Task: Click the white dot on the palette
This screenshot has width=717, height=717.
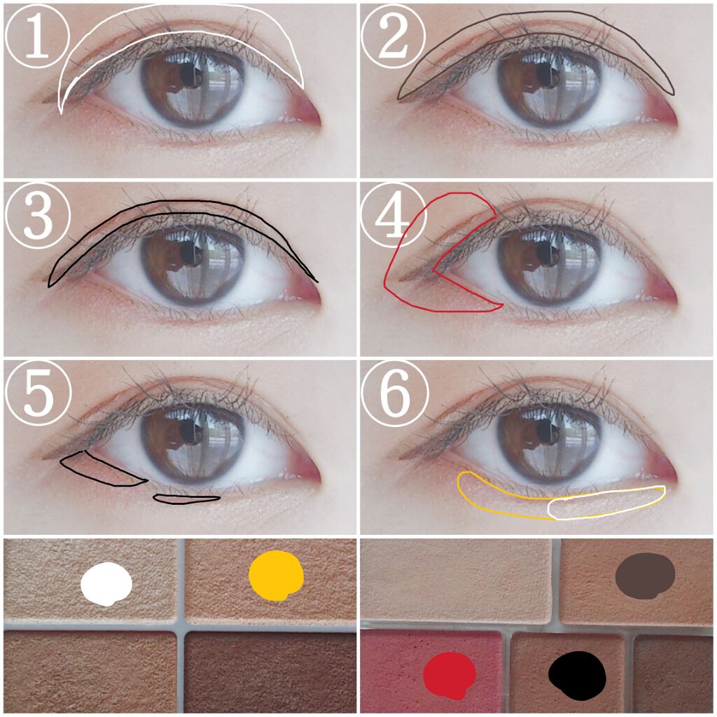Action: (x=106, y=584)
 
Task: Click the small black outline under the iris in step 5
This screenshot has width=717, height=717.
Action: (x=186, y=499)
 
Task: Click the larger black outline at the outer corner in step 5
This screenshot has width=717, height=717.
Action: (x=104, y=468)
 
